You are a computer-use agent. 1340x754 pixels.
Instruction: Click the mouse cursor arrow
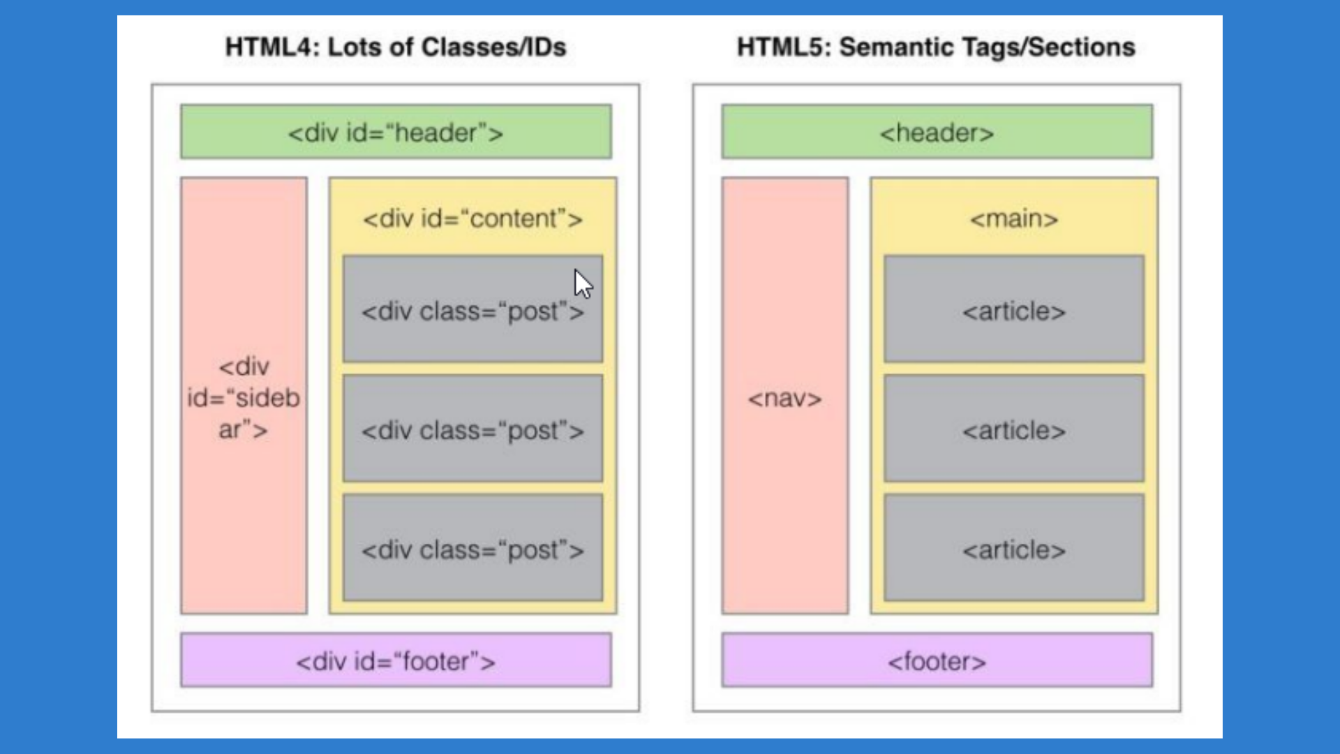(583, 284)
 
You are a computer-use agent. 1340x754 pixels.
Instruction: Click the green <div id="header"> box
(396, 132)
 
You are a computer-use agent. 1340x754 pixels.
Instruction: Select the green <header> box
(937, 132)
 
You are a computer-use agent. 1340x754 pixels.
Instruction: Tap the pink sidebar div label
(244, 397)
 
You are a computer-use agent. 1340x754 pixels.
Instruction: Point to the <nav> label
(784, 399)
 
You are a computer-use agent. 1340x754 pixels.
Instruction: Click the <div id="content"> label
(472, 219)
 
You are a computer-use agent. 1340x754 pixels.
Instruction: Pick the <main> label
(1013, 219)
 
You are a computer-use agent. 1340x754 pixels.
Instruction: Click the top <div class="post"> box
(472, 311)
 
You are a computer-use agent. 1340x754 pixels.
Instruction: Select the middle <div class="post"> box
(472, 429)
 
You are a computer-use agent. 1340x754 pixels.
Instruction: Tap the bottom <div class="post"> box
(472, 549)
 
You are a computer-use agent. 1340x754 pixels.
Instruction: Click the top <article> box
(1013, 310)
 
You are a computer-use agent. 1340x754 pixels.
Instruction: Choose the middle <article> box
(1013, 429)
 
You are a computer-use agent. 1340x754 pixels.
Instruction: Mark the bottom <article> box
(1013, 549)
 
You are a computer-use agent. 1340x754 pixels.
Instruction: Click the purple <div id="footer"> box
(396, 660)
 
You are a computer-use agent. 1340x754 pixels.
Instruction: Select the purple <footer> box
(937, 660)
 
